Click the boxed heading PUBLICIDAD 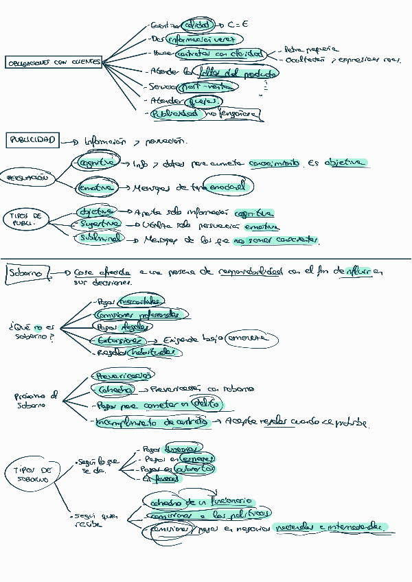click(32, 140)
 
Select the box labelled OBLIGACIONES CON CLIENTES click(54, 62)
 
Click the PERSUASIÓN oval click(27, 178)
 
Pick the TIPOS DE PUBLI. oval click(27, 219)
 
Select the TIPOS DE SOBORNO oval click(34, 474)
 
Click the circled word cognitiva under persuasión click(96, 163)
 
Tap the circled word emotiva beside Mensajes click(95, 187)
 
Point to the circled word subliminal click(101, 237)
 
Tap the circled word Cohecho click(113, 390)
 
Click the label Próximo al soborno click(36, 400)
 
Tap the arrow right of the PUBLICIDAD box click(69, 142)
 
